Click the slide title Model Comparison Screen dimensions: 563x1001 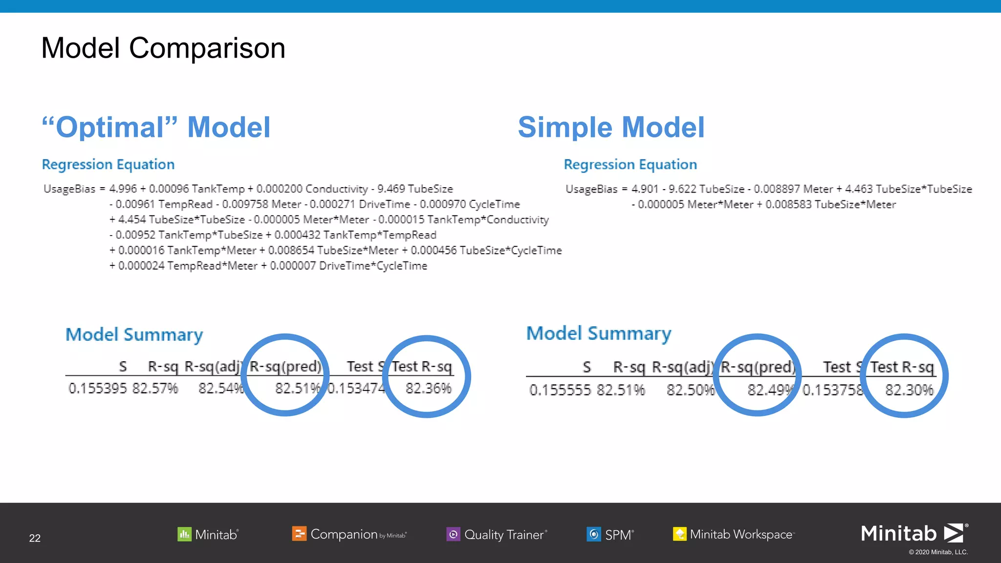coord(163,48)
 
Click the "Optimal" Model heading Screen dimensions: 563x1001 coord(156,128)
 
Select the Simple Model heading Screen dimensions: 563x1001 coord(611,128)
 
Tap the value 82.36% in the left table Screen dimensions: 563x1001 coord(428,389)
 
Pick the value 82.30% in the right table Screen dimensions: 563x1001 coord(909,390)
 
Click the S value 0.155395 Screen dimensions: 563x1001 coord(98,389)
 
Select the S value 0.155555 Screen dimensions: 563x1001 coord(560,390)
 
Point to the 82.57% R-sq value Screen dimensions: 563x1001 coord(155,389)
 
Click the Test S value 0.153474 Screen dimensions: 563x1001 coord(356,389)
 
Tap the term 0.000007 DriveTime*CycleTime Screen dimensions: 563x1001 coord(348,266)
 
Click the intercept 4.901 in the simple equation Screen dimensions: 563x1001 coord(645,189)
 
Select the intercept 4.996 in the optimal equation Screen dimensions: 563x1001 coord(123,189)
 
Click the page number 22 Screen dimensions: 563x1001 coord(35,538)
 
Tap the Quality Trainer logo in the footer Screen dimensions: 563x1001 coord(497,535)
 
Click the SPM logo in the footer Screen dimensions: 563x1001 coord(610,535)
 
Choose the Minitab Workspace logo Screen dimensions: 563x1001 coord(733,535)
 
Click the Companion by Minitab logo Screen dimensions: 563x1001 coord(349,535)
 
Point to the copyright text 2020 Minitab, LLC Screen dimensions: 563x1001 coord(938,552)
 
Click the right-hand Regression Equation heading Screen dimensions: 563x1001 coord(630,165)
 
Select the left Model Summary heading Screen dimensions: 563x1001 coord(134,335)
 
